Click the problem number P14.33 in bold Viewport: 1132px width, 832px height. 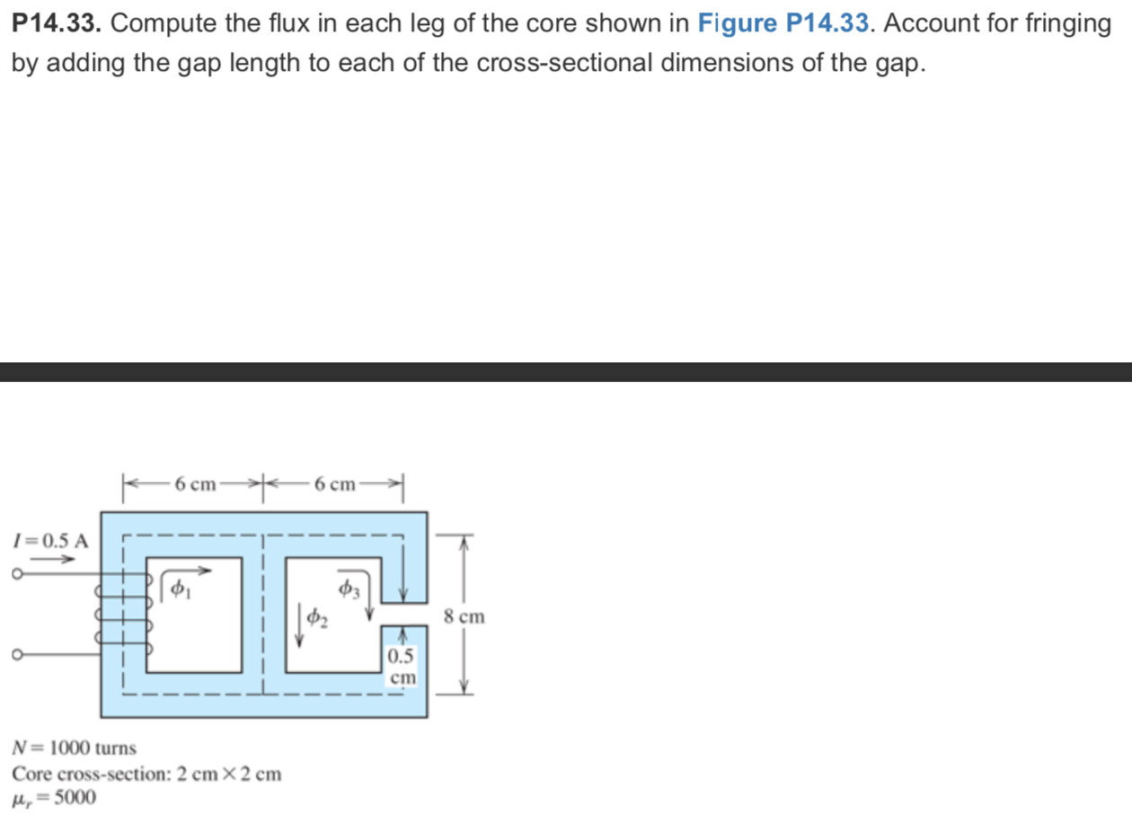coord(56,24)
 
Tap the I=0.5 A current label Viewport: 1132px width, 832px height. coord(50,541)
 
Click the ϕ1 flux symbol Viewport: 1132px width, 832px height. coord(180,589)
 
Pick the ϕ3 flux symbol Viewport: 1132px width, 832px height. coord(349,589)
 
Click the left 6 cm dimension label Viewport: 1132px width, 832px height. coord(196,485)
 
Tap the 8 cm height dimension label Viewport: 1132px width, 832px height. coord(464,616)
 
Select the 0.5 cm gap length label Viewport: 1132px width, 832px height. coord(402,667)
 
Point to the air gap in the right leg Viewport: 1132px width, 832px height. coord(403,615)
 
